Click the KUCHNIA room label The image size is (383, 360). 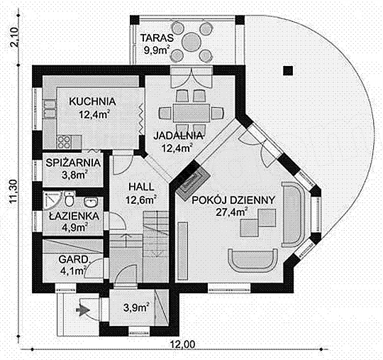[92, 102]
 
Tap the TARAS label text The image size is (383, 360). [157, 38]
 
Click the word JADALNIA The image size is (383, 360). [178, 136]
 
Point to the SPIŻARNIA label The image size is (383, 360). [73, 163]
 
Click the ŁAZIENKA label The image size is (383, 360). [74, 216]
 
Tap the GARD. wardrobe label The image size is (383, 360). [73, 259]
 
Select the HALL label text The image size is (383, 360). [141, 187]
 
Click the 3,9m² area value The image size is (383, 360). [136, 307]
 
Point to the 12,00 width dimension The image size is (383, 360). [183, 344]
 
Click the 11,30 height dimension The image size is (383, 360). [13, 192]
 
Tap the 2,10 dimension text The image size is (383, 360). [14, 38]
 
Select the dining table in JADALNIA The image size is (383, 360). [191, 113]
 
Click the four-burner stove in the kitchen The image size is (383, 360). [65, 142]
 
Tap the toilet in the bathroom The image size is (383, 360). [70, 199]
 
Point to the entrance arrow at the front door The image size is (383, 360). [83, 310]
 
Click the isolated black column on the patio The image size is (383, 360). [288, 71]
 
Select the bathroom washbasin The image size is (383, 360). [91, 202]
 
